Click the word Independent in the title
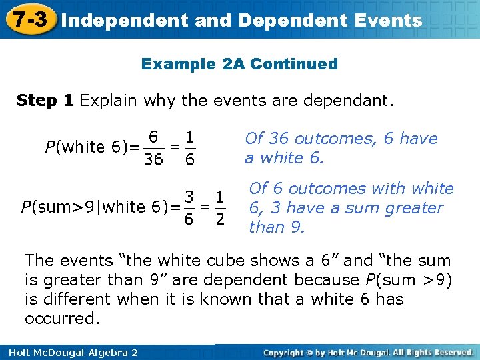pos(125,20)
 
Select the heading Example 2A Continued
pos(239,64)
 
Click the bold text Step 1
pos(45,101)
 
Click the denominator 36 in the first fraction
pos(153,159)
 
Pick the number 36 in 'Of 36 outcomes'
pos(277,139)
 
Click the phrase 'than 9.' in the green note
pos(277,227)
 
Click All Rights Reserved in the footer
pos(433,352)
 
